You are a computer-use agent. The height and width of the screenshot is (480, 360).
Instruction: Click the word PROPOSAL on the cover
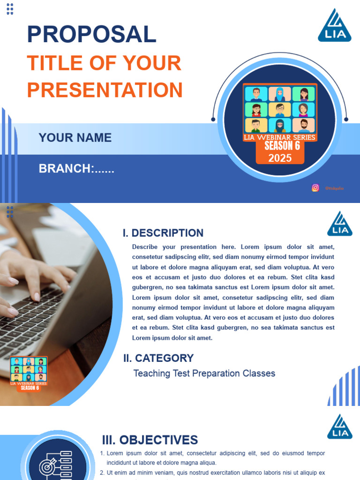[91, 34]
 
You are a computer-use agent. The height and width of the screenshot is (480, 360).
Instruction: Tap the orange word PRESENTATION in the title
[105, 90]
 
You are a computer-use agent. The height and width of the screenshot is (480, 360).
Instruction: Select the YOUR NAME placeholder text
[75, 137]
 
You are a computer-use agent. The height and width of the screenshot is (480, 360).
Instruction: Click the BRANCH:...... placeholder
[76, 169]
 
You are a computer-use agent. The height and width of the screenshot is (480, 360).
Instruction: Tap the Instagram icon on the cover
[315, 187]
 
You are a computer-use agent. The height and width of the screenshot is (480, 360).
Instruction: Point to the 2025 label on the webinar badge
[280, 158]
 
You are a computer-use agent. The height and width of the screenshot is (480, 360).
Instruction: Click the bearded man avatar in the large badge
[304, 126]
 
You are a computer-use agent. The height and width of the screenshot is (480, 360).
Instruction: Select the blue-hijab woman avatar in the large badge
[280, 94]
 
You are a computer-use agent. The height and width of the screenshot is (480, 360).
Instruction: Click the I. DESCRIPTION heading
[163, 233]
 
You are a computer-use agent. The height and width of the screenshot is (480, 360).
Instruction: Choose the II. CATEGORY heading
[158, 358]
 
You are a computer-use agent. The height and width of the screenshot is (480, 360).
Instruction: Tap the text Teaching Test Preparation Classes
[204, 374]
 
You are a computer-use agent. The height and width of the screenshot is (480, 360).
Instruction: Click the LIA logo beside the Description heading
[340, 224]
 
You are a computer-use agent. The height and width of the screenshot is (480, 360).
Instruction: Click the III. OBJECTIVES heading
[150, 440]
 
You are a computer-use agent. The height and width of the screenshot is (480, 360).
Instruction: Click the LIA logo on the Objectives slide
[340, 427]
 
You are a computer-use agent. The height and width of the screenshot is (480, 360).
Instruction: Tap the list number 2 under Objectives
[103, 473]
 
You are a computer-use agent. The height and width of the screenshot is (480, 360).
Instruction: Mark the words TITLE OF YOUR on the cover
[104, 63]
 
